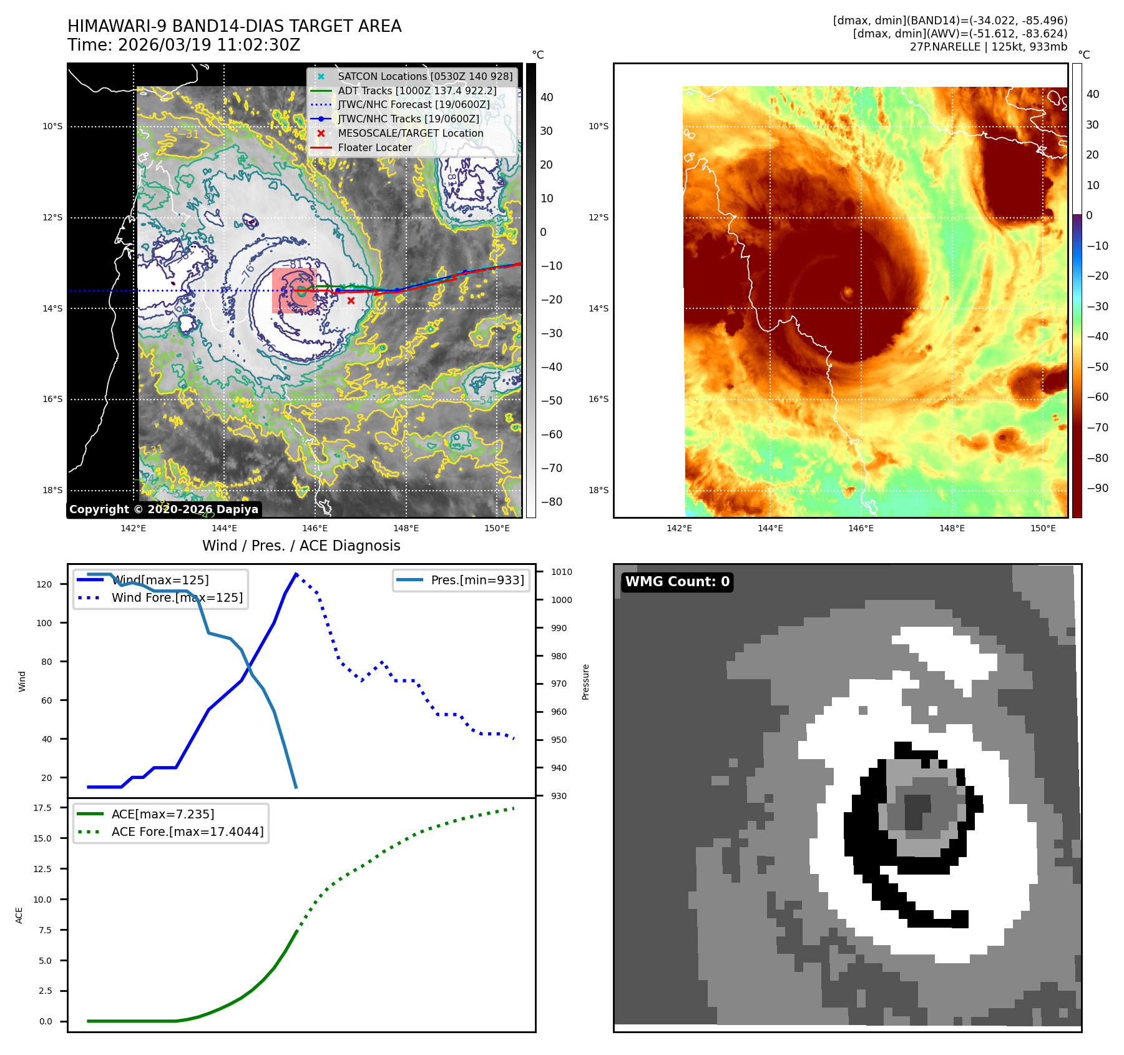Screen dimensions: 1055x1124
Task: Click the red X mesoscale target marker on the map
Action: pyautogui.click(x=351, y=301)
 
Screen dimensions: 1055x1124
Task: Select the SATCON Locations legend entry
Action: pyautogui.click(x=424, y=76)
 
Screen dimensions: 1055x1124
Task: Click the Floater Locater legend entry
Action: pyautogui.click(x=374, y=147)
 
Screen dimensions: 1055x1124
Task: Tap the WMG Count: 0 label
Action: pyautogui.click(x=677, y=582)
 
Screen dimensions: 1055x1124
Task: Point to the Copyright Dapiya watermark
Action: pyautogui.click(x=164, y=509)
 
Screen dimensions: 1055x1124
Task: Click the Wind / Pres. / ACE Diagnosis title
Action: pyautogui.click(x=301, y=546)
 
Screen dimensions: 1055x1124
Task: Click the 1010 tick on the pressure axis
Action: pyautogui.click(x=561, y=572)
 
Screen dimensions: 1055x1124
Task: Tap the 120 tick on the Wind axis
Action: pyautogui.click(x=44, y=584)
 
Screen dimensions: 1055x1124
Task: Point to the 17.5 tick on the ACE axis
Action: pyautogui.click(x=42, y=808)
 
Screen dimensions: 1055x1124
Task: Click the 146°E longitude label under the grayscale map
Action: pyautogui.click(x=315, y=528)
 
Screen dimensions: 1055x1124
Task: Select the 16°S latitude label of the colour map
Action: pyautogui.click(x=599, y=399)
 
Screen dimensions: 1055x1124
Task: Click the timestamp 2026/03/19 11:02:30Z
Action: pyautogui.click(x=209, y=45)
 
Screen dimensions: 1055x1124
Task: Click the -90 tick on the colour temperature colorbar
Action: pyautogui.click(x=1097, y=488)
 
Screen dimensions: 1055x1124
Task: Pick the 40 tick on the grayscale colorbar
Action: pyautogui.click(x=547, y=97)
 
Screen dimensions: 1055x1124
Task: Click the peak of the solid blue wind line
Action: pyautogui.click(x=296, y=574)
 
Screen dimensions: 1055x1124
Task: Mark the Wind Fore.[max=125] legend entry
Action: pyautogui.click(x=177, y=597)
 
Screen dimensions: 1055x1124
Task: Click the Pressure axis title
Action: pyautogui.click(x=585, y=682)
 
